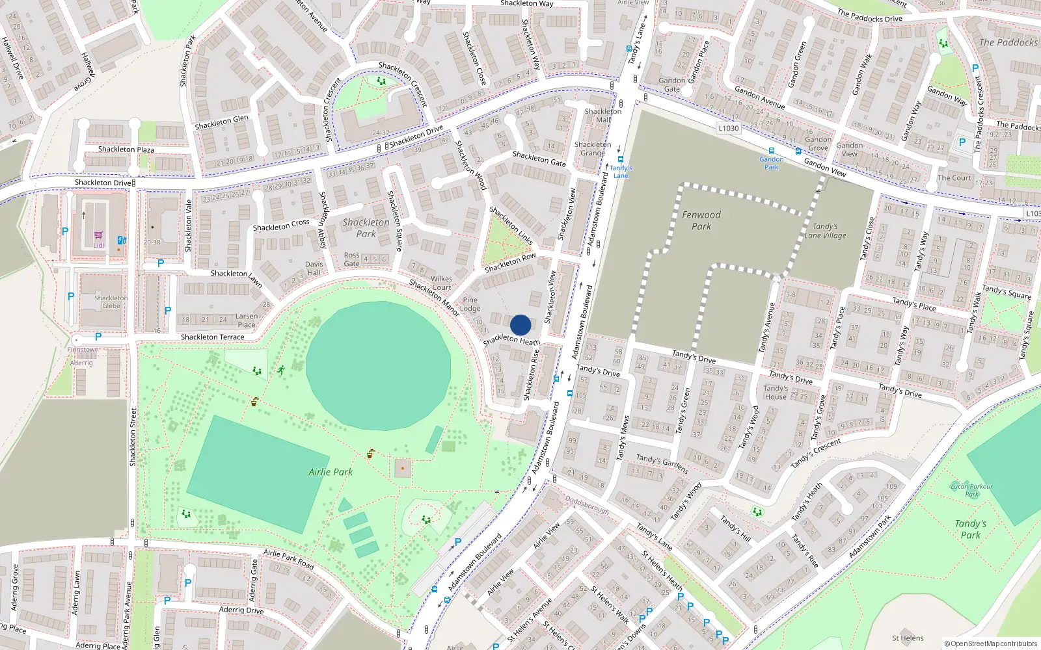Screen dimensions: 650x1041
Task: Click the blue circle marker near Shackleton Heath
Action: click(x=520, y=325)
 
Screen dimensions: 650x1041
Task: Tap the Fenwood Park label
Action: click(x=701, y=220)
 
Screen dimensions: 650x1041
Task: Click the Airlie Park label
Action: click(x=331, y=472)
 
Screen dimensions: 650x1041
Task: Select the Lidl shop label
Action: click(x=98, y=245)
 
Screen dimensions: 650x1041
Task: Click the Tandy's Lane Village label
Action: click(x=825, y=231)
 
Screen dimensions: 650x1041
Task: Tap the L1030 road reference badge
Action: click(x=729, y=128)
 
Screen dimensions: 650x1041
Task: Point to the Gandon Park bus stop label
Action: click(x=771, y=163)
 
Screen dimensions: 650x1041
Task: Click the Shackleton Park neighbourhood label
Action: click(x=366, y=227)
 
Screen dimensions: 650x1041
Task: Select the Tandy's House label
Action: click(x=776, y=392)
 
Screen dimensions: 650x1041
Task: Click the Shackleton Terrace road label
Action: click(x=212, y=337)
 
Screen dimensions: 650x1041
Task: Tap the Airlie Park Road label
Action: click(x=288, y=560)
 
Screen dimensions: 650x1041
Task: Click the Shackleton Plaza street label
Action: click(x=126, y=149)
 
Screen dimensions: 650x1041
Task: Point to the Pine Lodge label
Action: click(x=470, y=304)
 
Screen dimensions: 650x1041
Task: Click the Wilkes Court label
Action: click(x=441, y=283)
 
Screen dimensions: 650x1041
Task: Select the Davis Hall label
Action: click(x=314, y=268)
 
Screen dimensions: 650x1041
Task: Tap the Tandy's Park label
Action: click(x=970, y=529)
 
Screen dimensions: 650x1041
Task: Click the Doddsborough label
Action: click(x=587, y=505)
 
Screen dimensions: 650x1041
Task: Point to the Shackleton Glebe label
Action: click(x=111, y=302)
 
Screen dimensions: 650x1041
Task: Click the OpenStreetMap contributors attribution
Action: click(x=990, y=643)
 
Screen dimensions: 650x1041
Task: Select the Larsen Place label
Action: click(x=247, y=320)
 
